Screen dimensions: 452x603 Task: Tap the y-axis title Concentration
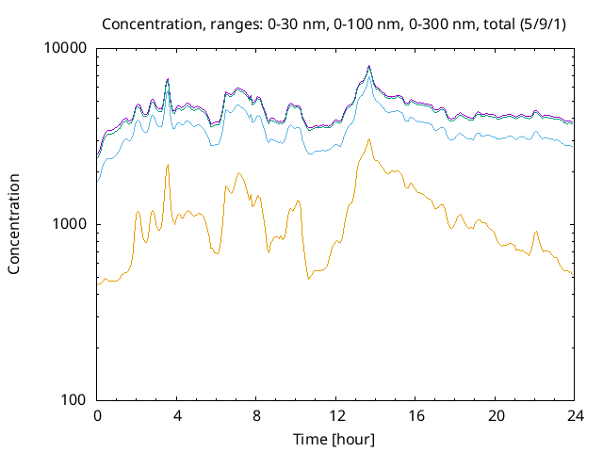coord(14,224)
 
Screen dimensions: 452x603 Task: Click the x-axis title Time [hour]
coord(334,439)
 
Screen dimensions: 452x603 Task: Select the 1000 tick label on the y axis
coord(69,224)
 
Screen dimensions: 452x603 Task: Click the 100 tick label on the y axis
coord(73,399)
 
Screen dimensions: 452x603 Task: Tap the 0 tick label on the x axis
coord(97,416)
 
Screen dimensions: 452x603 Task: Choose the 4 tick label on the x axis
coord(176,416)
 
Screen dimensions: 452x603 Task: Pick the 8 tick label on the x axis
coord(256,416)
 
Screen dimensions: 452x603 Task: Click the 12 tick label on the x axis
coord(335,416)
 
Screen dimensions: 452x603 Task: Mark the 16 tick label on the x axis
coord(416,416)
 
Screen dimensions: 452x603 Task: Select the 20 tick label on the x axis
coord(495,416)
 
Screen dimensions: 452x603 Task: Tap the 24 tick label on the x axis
coord(574,416)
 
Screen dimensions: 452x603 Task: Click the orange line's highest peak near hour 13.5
coord(368,139)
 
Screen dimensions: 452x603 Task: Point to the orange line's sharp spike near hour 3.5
coord(168,165)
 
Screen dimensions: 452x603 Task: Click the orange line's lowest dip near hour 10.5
coord(308,278)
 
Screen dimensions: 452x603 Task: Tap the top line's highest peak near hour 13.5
coord(369,66)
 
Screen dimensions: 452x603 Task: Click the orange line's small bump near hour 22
coord(536,232)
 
